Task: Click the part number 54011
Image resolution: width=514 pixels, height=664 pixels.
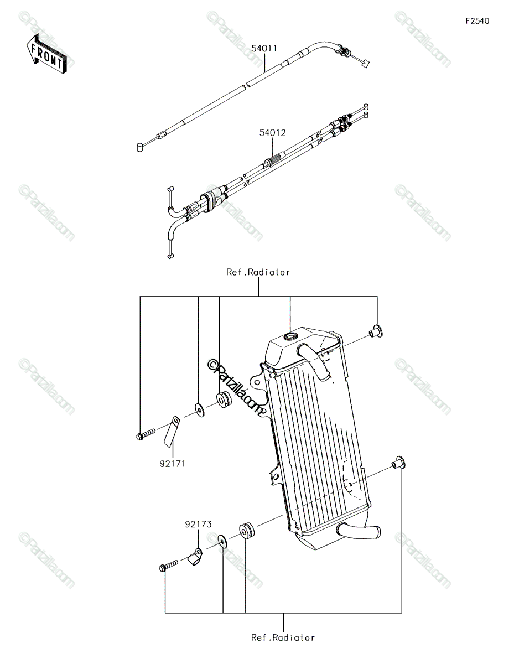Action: pyautogui.click(x=264, y=49)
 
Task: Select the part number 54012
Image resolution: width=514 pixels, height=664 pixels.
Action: pyautogui.click(x=272, y=133)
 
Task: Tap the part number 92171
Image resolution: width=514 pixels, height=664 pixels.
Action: pyautogui.click(x=173, y=464)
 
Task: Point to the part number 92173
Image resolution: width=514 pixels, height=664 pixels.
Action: pyautogui.click(x=198, y=525)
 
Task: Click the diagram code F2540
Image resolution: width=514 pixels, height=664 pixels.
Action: pyautogui.click(x=477, y=21)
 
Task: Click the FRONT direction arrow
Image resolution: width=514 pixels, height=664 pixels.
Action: pyautogui.click(x=46, y=54)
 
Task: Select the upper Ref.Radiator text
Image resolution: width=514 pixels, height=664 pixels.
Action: pyautogui.click(x=258, y=272)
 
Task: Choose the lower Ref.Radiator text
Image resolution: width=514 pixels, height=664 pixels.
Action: pyautogui.click(x=283, y=638)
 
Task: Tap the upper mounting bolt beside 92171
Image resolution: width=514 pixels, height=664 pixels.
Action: pyautogui.click(x=146, y=434)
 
